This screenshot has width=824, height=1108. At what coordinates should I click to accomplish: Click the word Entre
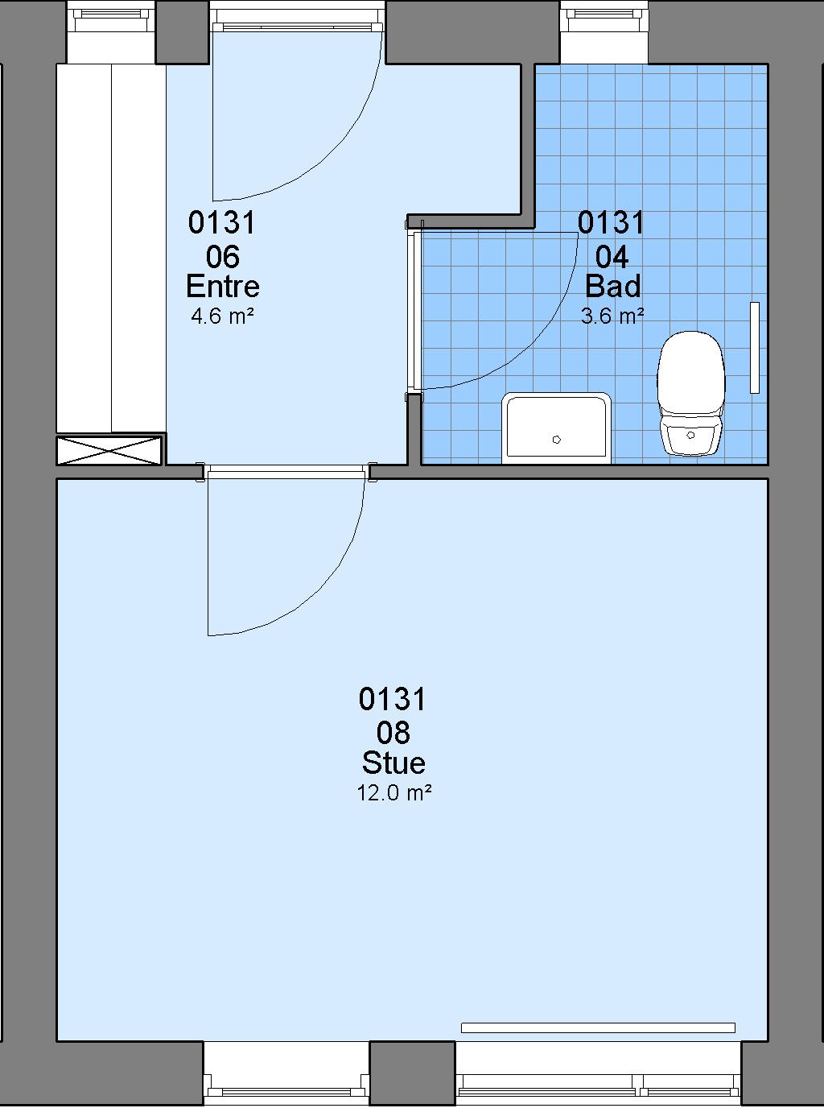(223, 287)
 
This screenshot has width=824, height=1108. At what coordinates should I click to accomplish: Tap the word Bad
(612, 287)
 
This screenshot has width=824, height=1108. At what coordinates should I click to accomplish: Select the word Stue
(393, 763)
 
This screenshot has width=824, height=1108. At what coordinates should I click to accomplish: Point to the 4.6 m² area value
(223, 316)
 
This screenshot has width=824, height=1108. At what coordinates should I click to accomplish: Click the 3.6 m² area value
(612, 316)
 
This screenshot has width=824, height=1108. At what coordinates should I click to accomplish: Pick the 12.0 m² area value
(394, 793)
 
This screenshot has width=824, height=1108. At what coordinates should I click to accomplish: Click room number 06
(223, 257)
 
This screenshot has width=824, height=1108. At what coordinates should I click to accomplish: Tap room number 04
(612, 257)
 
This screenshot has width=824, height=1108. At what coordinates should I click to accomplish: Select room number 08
(393, 734)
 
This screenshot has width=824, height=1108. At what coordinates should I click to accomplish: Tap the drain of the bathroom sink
(557, 440)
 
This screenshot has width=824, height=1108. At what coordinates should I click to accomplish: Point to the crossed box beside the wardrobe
(109, 451)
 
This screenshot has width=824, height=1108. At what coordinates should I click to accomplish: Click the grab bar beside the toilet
(755, 348)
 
